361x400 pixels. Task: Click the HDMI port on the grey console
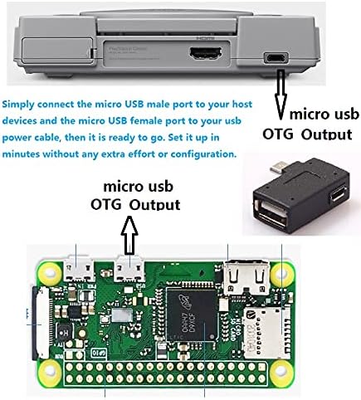point(205,53)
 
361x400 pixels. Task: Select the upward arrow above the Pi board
point(129,235)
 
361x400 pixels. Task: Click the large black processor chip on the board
point(192,315)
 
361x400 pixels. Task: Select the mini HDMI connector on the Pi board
point(246,277)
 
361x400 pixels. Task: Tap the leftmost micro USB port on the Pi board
point(79,268)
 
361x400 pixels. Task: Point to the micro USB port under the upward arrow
point(129,268)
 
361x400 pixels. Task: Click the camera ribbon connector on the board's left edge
point(41,323)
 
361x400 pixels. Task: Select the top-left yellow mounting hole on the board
point(50,273)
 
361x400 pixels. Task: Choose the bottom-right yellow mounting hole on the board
point(281,371)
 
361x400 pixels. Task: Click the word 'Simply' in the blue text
point(18,105)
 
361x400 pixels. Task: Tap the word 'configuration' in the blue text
point(203,154)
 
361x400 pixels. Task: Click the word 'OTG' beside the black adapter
point(278,134)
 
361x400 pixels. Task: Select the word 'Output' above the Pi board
point(155,205)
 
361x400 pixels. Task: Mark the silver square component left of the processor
point(122,315)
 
